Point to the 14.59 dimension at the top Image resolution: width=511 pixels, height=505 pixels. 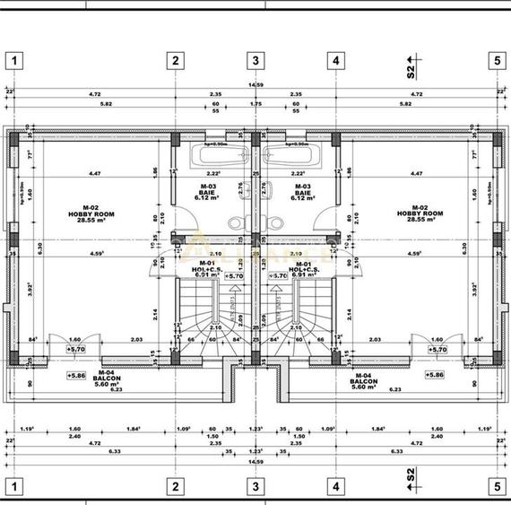[255, 85]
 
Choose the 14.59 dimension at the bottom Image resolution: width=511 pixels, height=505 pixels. [255, 461]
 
